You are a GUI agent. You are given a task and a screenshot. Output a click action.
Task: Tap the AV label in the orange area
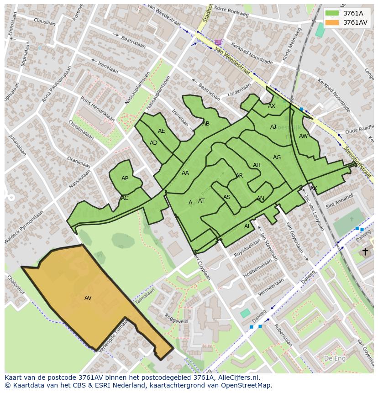88,298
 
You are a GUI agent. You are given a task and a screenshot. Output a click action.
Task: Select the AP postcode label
125,178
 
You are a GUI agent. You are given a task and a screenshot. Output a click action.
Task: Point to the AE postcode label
162,131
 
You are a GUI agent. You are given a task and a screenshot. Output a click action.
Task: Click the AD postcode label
153,143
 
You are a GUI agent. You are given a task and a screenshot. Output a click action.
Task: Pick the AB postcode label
206,124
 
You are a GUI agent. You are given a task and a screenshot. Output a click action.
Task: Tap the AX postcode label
272,106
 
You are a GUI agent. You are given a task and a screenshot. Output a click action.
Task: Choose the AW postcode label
303,136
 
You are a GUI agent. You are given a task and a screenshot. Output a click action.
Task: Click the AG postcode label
277,157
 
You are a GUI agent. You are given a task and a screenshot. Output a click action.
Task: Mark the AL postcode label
247,226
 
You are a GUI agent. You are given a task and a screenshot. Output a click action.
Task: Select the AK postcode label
313,189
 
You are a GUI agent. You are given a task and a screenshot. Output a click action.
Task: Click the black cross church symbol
365,252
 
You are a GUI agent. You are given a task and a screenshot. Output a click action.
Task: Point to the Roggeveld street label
176,318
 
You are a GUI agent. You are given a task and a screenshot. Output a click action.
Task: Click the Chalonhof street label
15,283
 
